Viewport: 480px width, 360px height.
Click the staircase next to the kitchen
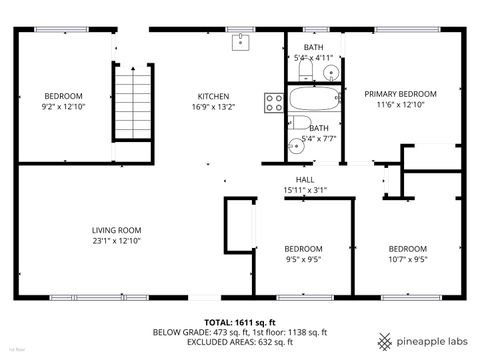click(133, 100)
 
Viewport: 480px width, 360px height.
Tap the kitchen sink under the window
click(240, 41)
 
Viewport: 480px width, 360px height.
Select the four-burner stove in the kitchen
click(272, 101)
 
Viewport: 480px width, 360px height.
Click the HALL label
click(304, 179)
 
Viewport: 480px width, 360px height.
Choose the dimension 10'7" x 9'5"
click(407, 259)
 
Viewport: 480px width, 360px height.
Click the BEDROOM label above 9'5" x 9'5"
click(303, 248)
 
